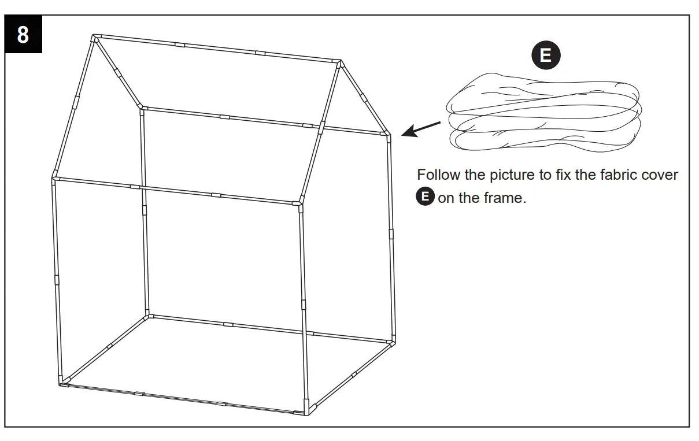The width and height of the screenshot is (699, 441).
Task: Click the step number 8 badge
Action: coord(23,35)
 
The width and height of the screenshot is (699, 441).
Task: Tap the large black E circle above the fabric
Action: coord(545,55)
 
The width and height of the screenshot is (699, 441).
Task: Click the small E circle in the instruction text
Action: coord(425,197)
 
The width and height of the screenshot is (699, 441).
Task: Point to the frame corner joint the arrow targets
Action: coord(387,134)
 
